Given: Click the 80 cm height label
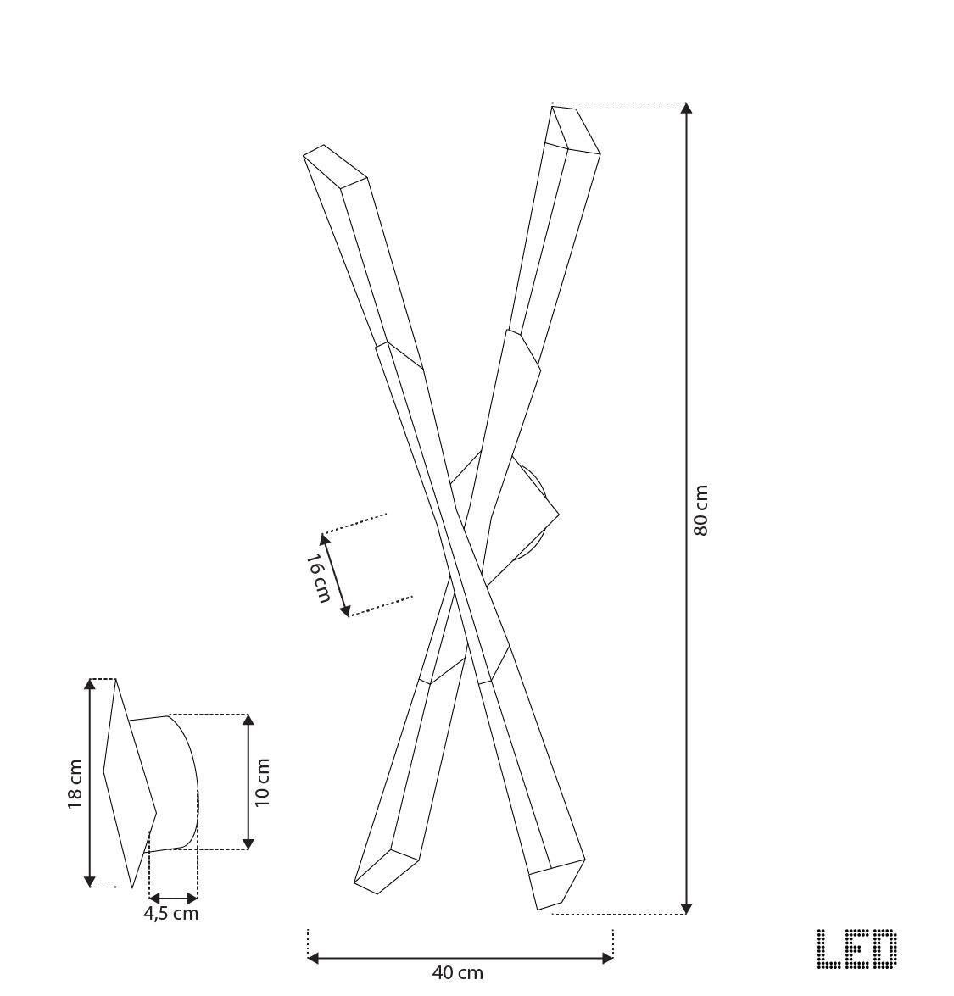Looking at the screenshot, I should [x=700, y=510].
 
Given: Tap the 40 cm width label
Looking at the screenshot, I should [x=457, y=973].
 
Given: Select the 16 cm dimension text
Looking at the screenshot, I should [x=317, y=578].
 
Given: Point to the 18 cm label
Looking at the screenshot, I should [x=75, y=783].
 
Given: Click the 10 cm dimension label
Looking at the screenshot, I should [x=262, y=782].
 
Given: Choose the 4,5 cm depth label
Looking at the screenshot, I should [x=171, y=914].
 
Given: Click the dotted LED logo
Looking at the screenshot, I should [x=856, y=949].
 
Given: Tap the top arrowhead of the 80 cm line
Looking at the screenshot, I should [x=686, y=109].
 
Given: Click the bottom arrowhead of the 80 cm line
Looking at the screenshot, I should [x=686, y=908].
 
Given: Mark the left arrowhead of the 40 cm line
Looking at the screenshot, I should [x=313, y=958].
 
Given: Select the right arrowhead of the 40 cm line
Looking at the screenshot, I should [x=607, y=958].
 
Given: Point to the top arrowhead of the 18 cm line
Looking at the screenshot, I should [x=90, y=684].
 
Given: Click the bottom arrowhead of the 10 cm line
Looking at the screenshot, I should [x=248, y=843].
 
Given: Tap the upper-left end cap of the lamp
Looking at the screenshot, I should [x=335, y=166].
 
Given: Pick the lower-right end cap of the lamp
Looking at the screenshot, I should [x=558, y=884].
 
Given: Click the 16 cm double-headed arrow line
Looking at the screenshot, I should [x=336, y=575].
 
